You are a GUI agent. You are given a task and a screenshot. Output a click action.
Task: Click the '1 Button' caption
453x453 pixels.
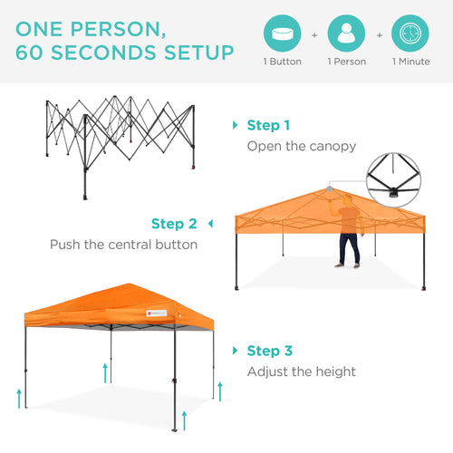pos(283,62)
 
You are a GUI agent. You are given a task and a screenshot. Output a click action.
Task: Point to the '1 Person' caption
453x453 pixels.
pos(346,62)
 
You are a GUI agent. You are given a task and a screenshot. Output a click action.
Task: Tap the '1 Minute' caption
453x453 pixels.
pos(410,62)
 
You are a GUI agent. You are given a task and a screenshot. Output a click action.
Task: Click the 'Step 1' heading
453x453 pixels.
pos(269,126)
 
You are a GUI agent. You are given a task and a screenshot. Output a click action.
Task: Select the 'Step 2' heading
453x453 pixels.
pos(174,224)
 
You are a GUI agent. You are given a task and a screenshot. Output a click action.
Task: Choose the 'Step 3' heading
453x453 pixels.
pos(269,351)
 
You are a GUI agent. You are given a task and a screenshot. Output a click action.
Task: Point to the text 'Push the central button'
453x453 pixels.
pos(123,245)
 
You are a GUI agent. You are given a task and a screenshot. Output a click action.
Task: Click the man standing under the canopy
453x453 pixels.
pos(348,232)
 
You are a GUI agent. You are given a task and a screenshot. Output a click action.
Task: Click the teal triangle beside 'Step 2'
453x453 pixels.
pos(210,224)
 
